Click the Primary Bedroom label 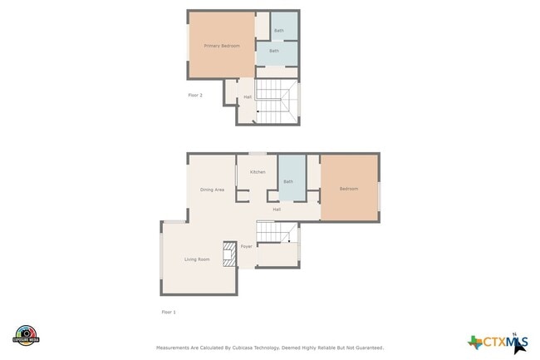[x=222, y=46]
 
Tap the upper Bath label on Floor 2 [x=279, y=31]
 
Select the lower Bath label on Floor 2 [x=273, y=51]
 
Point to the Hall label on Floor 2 [x=248, y=97]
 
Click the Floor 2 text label [x=195, y=96]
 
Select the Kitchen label [x=258, y=172]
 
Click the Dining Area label [x=212, y=190]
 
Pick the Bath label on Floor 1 [x=288, y=181]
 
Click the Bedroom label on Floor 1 [x=348, y=189]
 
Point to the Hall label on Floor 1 [x=277, y=210]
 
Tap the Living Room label [x=197, y=259]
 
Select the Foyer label [x=247, y=247]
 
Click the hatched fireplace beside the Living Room [x=228, y=254]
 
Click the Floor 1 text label [x=169, y=312]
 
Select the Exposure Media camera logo [x=26, y=335]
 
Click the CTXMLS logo [x=498, y=342]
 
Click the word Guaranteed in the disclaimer [x=366, y=348]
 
